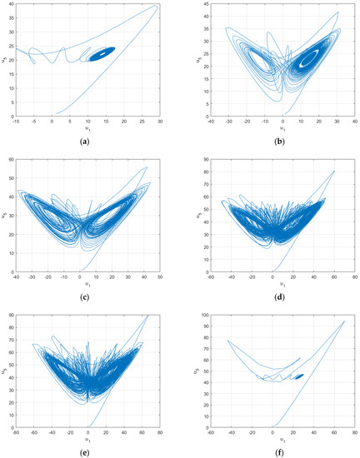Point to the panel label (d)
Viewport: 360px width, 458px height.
pos(272,296)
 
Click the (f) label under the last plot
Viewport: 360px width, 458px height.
pos(272,450)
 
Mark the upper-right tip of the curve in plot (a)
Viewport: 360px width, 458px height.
pos(156,7)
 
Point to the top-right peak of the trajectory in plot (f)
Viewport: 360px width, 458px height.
pos(343,321)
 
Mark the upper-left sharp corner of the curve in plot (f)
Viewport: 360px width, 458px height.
pos(227,340)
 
